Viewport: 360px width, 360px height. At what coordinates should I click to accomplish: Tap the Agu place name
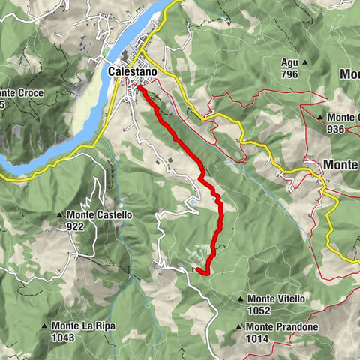click(x=289, y=62)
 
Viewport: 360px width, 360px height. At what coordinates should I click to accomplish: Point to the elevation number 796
click(x=289, y=74)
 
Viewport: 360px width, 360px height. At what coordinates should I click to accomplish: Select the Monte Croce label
click(x=22, y=93)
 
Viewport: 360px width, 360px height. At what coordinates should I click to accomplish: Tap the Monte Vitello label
click(x=276, y=298)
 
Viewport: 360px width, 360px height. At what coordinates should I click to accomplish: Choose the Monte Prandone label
click(x=281, y=327)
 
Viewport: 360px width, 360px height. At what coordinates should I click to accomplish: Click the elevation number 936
click(x=338, y=128)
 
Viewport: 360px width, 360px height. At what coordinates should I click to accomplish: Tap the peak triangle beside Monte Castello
click(x=60, y=215)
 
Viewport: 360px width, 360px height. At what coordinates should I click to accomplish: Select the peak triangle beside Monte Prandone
click(x=238, y=327)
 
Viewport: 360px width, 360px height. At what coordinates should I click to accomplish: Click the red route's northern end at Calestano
click(x=139, y=88)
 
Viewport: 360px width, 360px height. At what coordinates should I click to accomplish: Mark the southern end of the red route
click(x=195, y=268)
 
